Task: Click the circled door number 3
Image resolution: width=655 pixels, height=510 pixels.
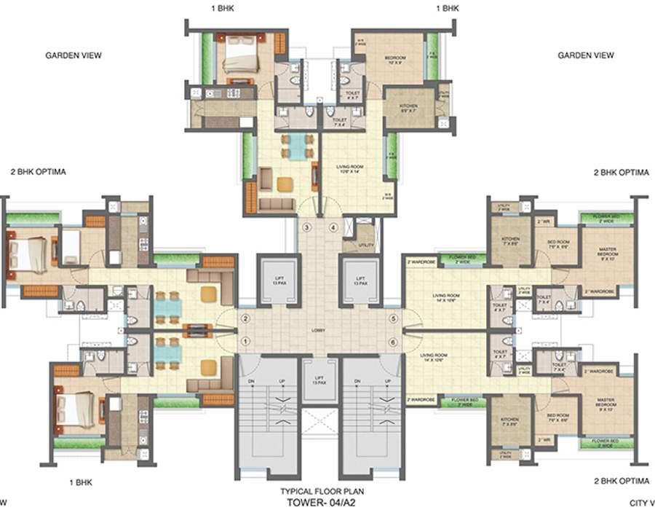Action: pyautogui.click(x=307, y=228)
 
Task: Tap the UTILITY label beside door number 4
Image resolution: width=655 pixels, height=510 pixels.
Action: pyautogui.click(x=366, y=246)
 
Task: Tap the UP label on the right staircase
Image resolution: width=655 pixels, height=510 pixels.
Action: pyautogui.click(x=386, y=382)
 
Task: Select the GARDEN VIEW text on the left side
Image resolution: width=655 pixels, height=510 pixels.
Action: pyautogui.click(x=73, y=55)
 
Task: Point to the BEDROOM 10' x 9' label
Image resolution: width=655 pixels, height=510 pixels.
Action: pyautogui.click(x=394, y=59)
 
